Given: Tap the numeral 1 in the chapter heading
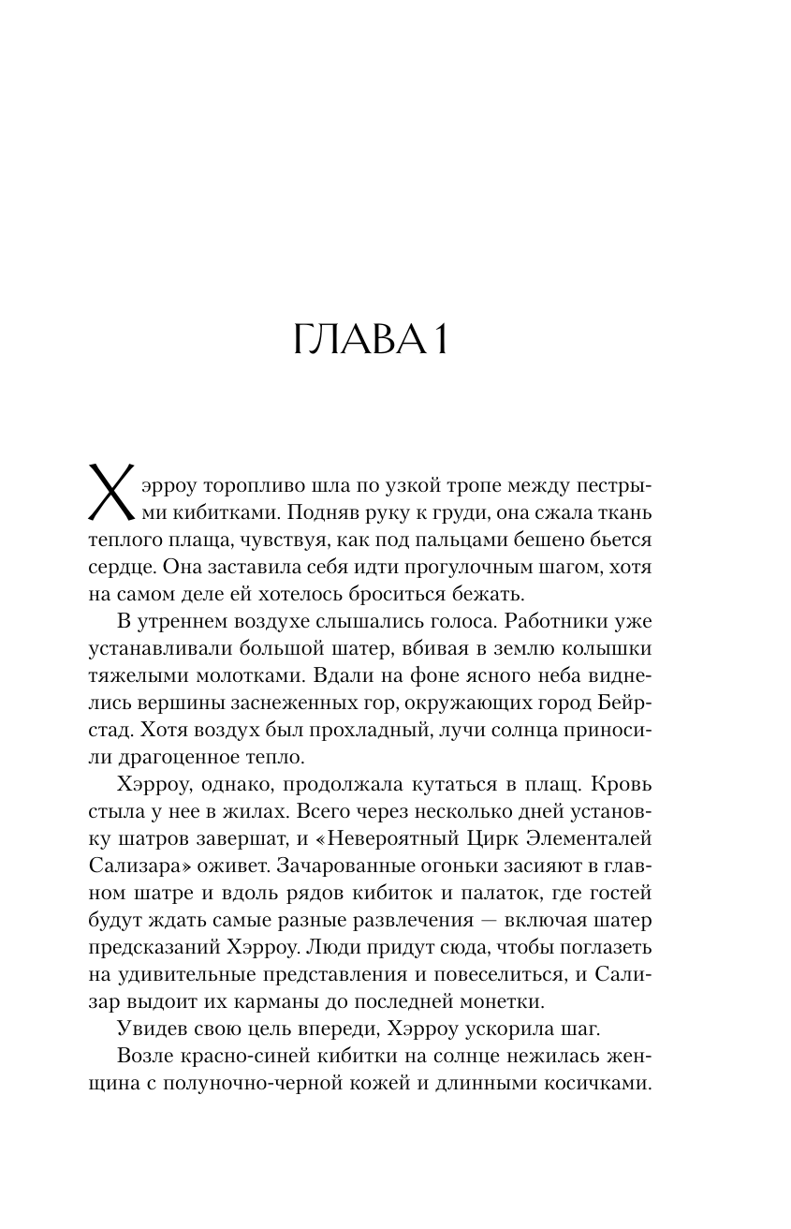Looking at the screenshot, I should [437, 341].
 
